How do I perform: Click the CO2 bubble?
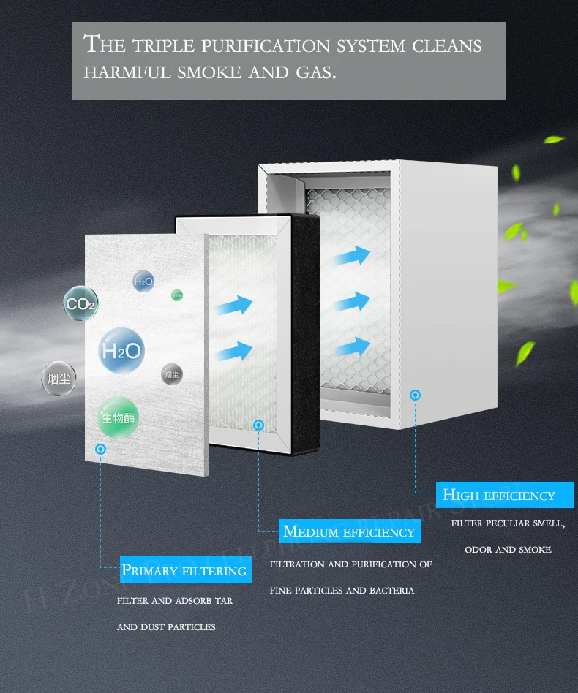coord(80,304)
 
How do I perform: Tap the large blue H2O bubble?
coord(121,351)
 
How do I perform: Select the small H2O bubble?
coord(143,281)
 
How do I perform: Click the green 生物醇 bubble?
coord(119,418)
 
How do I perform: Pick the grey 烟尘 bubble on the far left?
coord(59,379)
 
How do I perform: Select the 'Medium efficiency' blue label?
coord(349,531)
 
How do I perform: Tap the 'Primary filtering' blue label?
coord(185,570)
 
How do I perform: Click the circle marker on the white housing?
coord(416,395)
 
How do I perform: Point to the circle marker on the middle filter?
coord(258,424)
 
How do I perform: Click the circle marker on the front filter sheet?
coord(100,447)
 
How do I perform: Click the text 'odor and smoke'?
coord(508,549)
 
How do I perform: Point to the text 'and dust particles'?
coord(166,627)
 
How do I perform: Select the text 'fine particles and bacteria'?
coord(342,590)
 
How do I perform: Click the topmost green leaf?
coord(554,139)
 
